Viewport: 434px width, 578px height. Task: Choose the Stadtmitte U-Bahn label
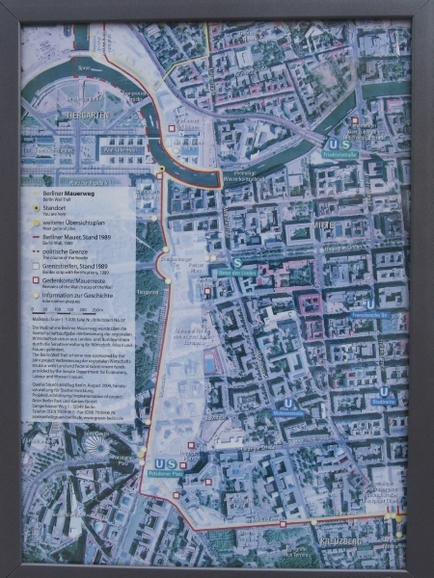(384, 402)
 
